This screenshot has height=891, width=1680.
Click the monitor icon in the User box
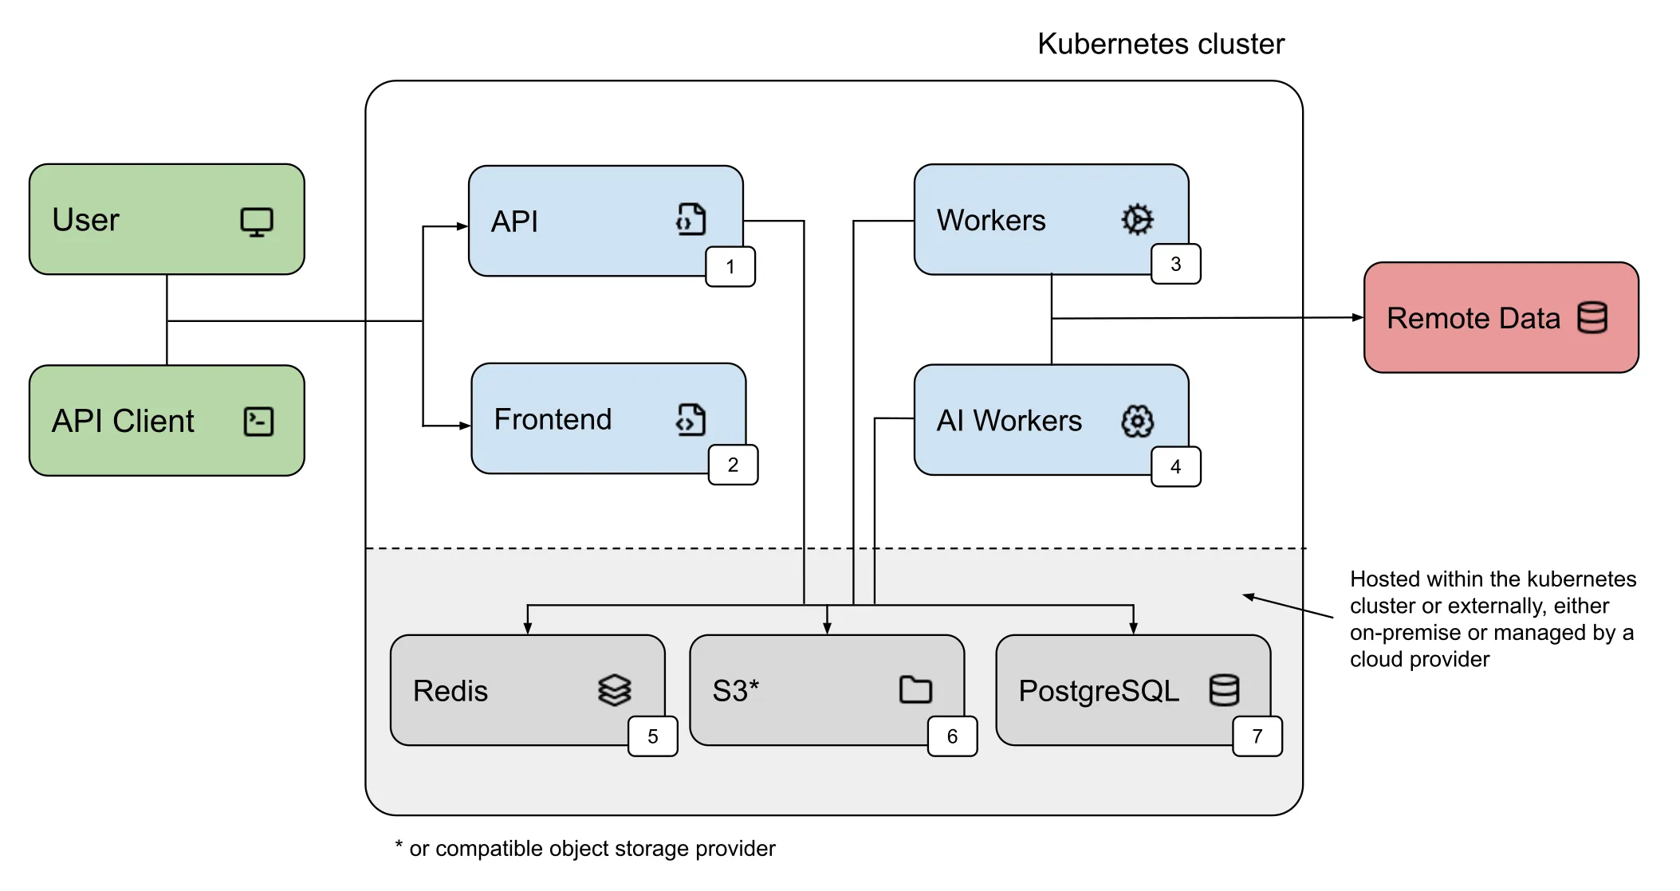pyautogui.click(x=257, y=222)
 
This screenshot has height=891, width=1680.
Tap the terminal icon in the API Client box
pyautogui.click(x=258, y=422)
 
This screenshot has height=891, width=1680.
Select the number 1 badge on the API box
pyautogui.click(x=730, y=267)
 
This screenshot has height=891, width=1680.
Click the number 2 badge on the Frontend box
pyautogui.click(x=733, y=465)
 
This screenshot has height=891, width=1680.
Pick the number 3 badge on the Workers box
pyautogui.click(x=1175, y=264)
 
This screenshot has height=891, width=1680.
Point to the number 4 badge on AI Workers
pyautogui.click(x=1175, y=466)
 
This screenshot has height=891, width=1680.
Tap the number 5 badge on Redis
pyautogui.click(x=652, y=736)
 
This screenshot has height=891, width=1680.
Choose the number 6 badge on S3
pyautogui.click(x=952, y=736)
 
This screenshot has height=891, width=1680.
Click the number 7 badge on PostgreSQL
pyautogui.click(x=1257, y=736)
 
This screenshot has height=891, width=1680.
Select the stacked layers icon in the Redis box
pyautogui.click(x=614, y=690)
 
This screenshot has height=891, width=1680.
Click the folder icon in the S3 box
pyautogui.click(x=915, y=689)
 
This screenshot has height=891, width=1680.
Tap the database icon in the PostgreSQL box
pyautogui.click(x=1224, y=690)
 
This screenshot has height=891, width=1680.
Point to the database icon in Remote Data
pyautogui.click(x=1592, y=317)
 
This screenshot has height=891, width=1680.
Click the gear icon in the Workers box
pyautogui.click(x=1137, y=219)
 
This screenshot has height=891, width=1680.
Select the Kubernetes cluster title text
pyautogui.click(x=1160, y=44)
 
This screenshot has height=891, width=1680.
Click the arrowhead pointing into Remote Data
pyautogui.click(x=1357, y=317)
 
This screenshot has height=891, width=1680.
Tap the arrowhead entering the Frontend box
pyautogui.click(x=465, y=426)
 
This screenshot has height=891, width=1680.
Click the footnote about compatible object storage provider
pyautogui.click(x=585, y=848)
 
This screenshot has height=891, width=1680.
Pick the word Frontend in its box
pyautogui.click(x=553, y=419)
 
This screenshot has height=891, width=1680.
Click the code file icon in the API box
pyautogui.click(x=690, y=219)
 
